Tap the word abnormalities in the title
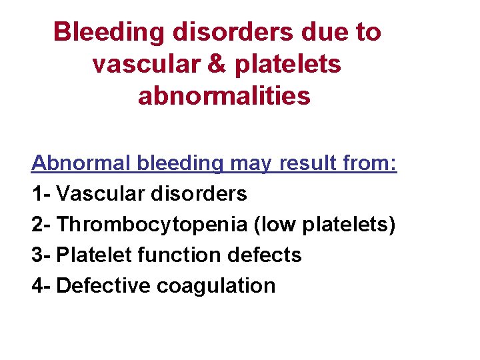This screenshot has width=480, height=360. point(224,96)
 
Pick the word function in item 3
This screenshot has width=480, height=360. point(185,255)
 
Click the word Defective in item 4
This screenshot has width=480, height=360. point(104,285)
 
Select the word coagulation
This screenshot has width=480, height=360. point(216,285)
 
